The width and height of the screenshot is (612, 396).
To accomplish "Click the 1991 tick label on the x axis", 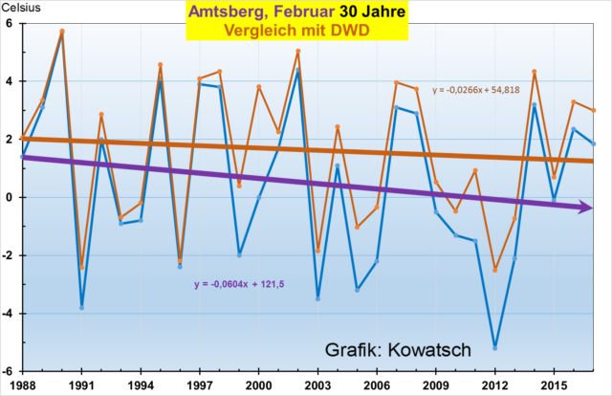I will (82, 385).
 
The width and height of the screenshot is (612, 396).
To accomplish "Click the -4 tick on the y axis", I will (10, 314).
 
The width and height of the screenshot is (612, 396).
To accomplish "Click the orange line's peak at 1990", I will (62, 31).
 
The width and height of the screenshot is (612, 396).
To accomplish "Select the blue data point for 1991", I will (82, 307).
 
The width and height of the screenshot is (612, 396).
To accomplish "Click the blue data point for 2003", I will (317, 298).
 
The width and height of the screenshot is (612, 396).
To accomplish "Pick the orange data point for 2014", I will (535, 72).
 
